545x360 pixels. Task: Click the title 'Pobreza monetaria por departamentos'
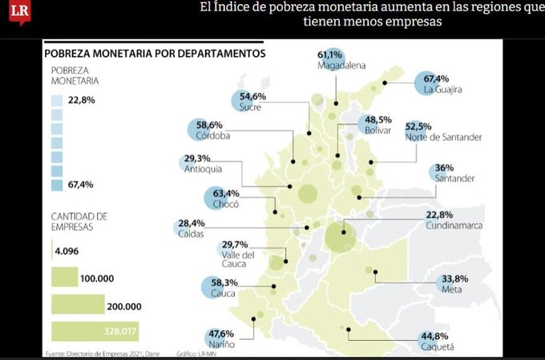(x=155, y=54)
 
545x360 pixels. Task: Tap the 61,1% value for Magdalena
(x=330, y=54)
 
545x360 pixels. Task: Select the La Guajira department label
(x=443, y=90)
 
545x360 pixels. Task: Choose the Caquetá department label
(x=438, y=346)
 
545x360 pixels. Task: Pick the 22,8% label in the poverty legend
(x=80, y=100)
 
